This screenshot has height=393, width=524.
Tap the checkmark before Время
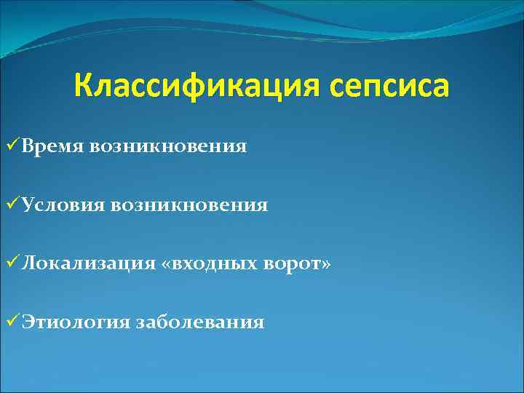coord(11,146)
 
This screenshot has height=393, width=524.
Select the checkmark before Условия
coord(11,205)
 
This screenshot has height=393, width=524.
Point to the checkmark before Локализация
coord(11,263)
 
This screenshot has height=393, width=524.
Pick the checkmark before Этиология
coord(11,321)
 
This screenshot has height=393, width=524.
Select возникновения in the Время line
coord(169,147)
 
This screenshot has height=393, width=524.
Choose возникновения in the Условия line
coord(189,205)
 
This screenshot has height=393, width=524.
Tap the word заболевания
coord(200,322)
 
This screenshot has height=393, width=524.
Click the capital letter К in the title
coord(83,87)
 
